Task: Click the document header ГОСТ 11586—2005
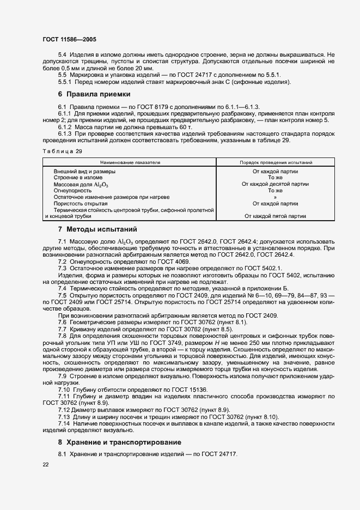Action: point(70,39)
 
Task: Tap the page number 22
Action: point(46,465)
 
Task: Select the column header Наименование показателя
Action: point(130,162)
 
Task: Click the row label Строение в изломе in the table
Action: point(78,178)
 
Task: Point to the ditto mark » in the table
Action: point(275,197)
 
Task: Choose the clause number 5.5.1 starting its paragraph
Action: point(66,82)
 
